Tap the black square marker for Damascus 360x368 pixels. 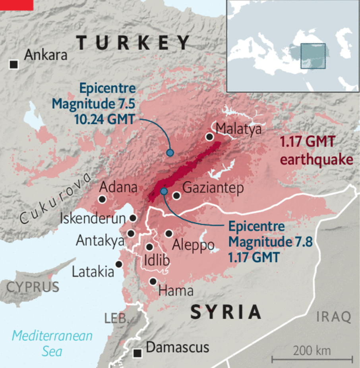(x=137, y=353)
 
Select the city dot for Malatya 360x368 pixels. (x=209, y=137)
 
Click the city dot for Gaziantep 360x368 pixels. (x=177, y=195)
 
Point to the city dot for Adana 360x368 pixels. (x=103, y=199)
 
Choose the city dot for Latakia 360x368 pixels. (x=118, y=264)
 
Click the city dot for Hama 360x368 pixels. (x=153, y=281)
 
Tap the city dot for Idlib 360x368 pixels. (x=149, y=247)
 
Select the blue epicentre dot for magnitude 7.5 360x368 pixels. (x=170, y=152)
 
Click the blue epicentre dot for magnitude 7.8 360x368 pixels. (x=164, y=191)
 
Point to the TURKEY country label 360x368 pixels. (x=134, y=42)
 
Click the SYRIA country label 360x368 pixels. (x=226, y=312)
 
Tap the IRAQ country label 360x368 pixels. (x=334, y=317)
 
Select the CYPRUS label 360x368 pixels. (x=33, y=286)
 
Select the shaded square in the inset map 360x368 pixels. (x=313, y=56)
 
